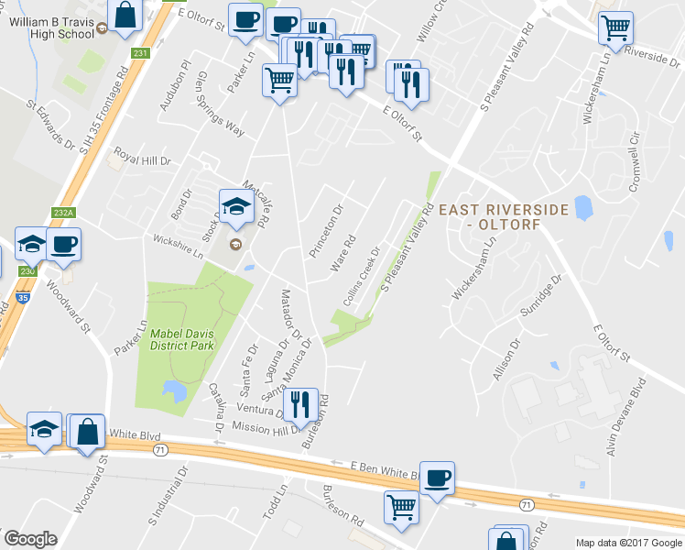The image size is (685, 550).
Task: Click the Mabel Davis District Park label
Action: point(182,339)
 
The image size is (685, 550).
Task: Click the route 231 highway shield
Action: point(139,54)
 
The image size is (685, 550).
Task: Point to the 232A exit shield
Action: point(62,213)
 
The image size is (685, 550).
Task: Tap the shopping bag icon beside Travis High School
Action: point(125,16)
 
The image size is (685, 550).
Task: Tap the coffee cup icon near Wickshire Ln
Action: point(64,244)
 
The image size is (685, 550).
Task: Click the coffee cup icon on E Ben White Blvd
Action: point(438,478)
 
